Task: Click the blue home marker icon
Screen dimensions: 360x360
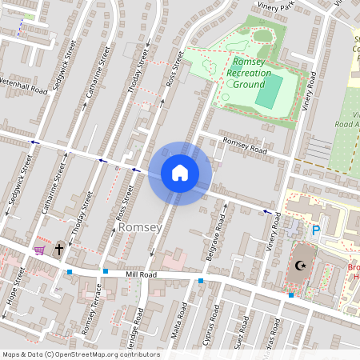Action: click(x=180, y=173)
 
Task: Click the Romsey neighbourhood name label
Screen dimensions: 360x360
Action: click(x=140, y=228)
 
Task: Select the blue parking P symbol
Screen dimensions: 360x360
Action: click(x=316, y=230)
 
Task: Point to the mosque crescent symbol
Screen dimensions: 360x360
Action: click(x=302, y=266)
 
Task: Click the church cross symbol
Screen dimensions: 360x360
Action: click(x=58, y=250)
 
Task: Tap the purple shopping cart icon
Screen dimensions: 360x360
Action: click(x=39, y=250)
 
